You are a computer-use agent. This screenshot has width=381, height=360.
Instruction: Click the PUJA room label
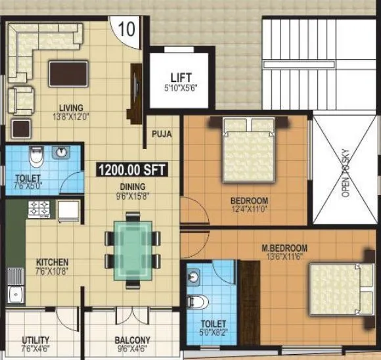point(162,134)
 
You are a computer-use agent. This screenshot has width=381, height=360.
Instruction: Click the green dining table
point(131,250)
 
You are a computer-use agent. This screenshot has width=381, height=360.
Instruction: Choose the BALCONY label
point(133,340)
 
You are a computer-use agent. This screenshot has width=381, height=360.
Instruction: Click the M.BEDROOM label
point(284,248)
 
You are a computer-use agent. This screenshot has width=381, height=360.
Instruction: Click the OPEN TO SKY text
point(343,177)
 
